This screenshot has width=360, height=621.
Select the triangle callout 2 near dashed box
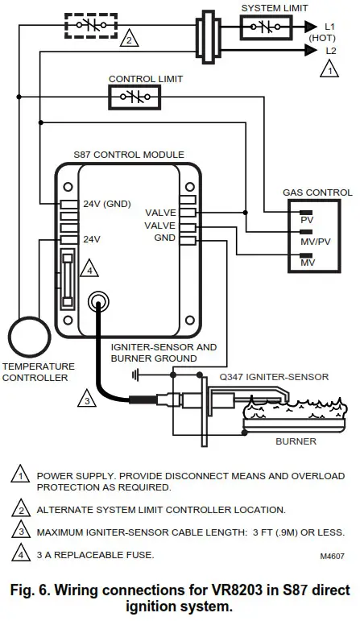pos(127,39)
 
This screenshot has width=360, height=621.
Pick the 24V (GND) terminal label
pos(106,204)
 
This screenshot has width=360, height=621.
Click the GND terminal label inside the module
pos(165,238)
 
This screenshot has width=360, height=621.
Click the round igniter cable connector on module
pos(99,303)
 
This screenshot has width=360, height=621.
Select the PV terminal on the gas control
pos(306,218)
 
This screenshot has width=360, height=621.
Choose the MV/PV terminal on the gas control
pos(312,239)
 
